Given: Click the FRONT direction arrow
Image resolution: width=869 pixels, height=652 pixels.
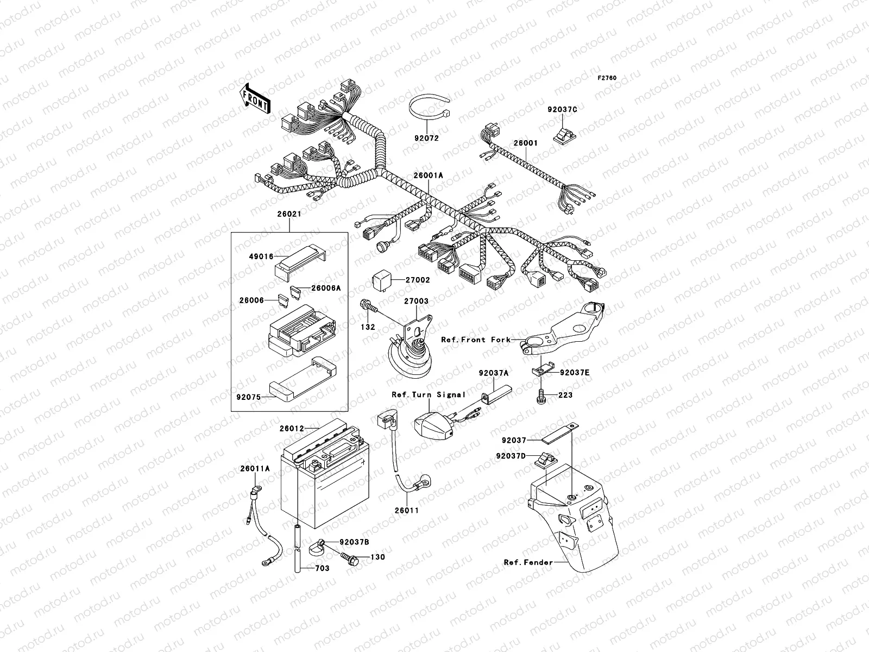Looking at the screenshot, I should point(255,98).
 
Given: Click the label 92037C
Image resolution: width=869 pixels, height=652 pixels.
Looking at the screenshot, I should point(562,109).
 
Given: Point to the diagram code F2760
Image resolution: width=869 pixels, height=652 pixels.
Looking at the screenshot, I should point(607,78).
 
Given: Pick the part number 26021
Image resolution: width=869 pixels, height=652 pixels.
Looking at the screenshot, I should point(289,214).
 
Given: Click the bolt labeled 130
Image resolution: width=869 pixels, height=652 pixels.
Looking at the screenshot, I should point(349,557).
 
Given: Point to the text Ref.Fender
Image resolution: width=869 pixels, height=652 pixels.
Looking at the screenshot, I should point(528,562).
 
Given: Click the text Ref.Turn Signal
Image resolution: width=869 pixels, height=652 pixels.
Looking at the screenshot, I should point(429,394).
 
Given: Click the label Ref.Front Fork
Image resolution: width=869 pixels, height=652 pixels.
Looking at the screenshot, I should point(476,340).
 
